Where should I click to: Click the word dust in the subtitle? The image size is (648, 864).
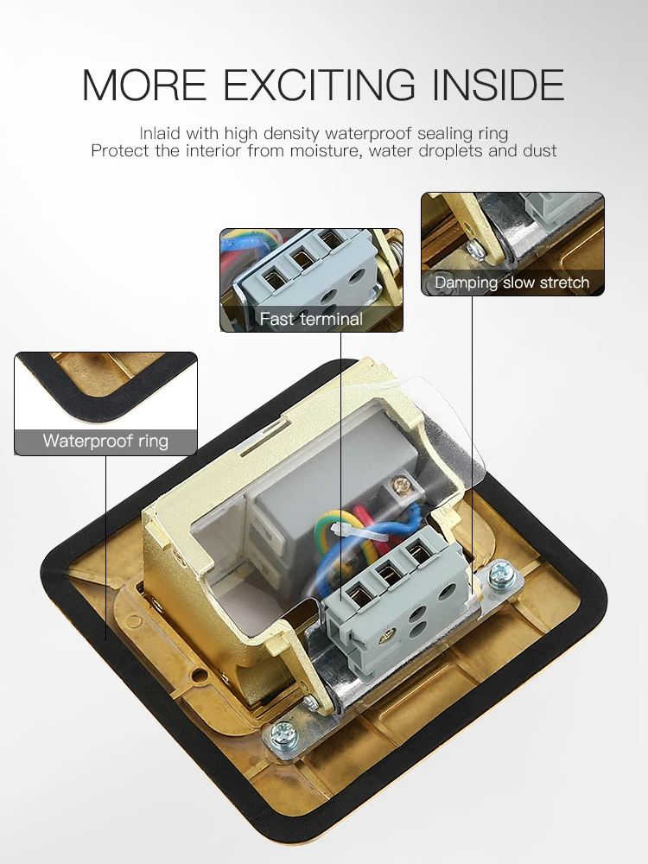pos(540,150)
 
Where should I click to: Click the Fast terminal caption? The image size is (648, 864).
pos(311,319)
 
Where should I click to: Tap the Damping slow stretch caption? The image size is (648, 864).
pos(512,283)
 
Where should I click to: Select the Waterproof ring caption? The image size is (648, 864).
pos(105,441)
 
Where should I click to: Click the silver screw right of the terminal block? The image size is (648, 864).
pos(499,575)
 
